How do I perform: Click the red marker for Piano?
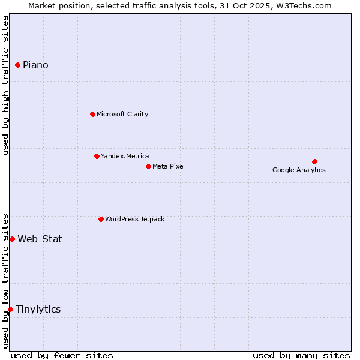coord(18,65)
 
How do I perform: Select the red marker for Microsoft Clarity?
coord(92,114)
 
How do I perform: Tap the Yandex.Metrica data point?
coord(97,156)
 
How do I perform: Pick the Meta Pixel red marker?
coord(148,166)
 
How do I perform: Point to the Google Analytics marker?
coord(314,161)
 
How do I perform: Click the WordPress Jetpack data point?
coord(101,219)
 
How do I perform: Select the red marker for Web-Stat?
coord(12,239)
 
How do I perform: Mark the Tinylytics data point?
coord(10,309)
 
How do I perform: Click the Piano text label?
coord(35,65)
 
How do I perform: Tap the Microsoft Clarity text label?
coord(122,114)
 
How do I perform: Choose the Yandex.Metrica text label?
coord(125,156)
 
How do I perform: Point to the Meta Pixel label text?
coord(169,166)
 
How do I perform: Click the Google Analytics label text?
coord(299,170)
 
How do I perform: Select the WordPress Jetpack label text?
coord(134,219)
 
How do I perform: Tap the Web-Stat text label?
coord(40,239)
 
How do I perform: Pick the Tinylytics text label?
coord(38,309)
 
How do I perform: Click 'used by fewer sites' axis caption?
coord(62,355)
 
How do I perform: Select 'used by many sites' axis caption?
coord(301,355)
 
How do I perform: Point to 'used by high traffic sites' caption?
coord(5,85)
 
